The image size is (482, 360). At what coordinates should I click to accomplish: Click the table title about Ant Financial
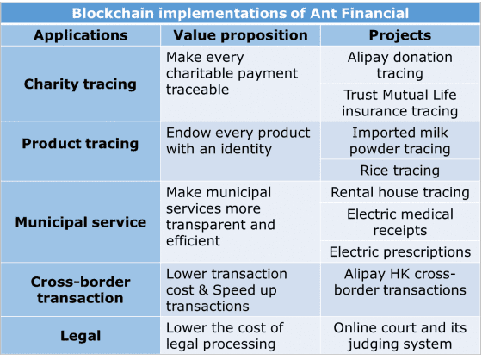click(240, 13)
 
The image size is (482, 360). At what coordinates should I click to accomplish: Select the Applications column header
click(81, 35)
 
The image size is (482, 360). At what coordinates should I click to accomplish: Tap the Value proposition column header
click(240, 35)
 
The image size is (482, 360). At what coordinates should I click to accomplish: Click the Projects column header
click(400, 35)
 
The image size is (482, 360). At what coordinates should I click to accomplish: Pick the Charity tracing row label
click(80, 84)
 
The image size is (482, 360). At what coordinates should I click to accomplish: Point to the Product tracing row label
click(80, 144)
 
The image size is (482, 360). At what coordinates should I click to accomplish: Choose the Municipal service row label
click(81, 222)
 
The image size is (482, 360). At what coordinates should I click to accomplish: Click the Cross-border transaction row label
click(81, 290)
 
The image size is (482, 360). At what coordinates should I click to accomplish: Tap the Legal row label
click(81, 336)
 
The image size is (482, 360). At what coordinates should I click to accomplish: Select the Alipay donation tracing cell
click(400, 65)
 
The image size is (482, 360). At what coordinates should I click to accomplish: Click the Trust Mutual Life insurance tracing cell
click(400, 102)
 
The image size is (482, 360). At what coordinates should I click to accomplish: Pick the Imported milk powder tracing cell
click(400, 140)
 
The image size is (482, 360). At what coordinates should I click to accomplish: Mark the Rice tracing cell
click(400, 171)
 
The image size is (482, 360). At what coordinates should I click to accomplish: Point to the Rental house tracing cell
click(400, 192)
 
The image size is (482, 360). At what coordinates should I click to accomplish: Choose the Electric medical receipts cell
click(400, 222)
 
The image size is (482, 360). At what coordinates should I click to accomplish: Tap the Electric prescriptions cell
click(400, 251)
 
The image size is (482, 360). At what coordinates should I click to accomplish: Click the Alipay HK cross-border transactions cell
click(400, 282)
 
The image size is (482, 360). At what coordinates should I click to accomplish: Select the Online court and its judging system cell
click(400, 336)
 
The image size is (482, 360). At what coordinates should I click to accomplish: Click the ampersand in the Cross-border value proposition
click(203, 290)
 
